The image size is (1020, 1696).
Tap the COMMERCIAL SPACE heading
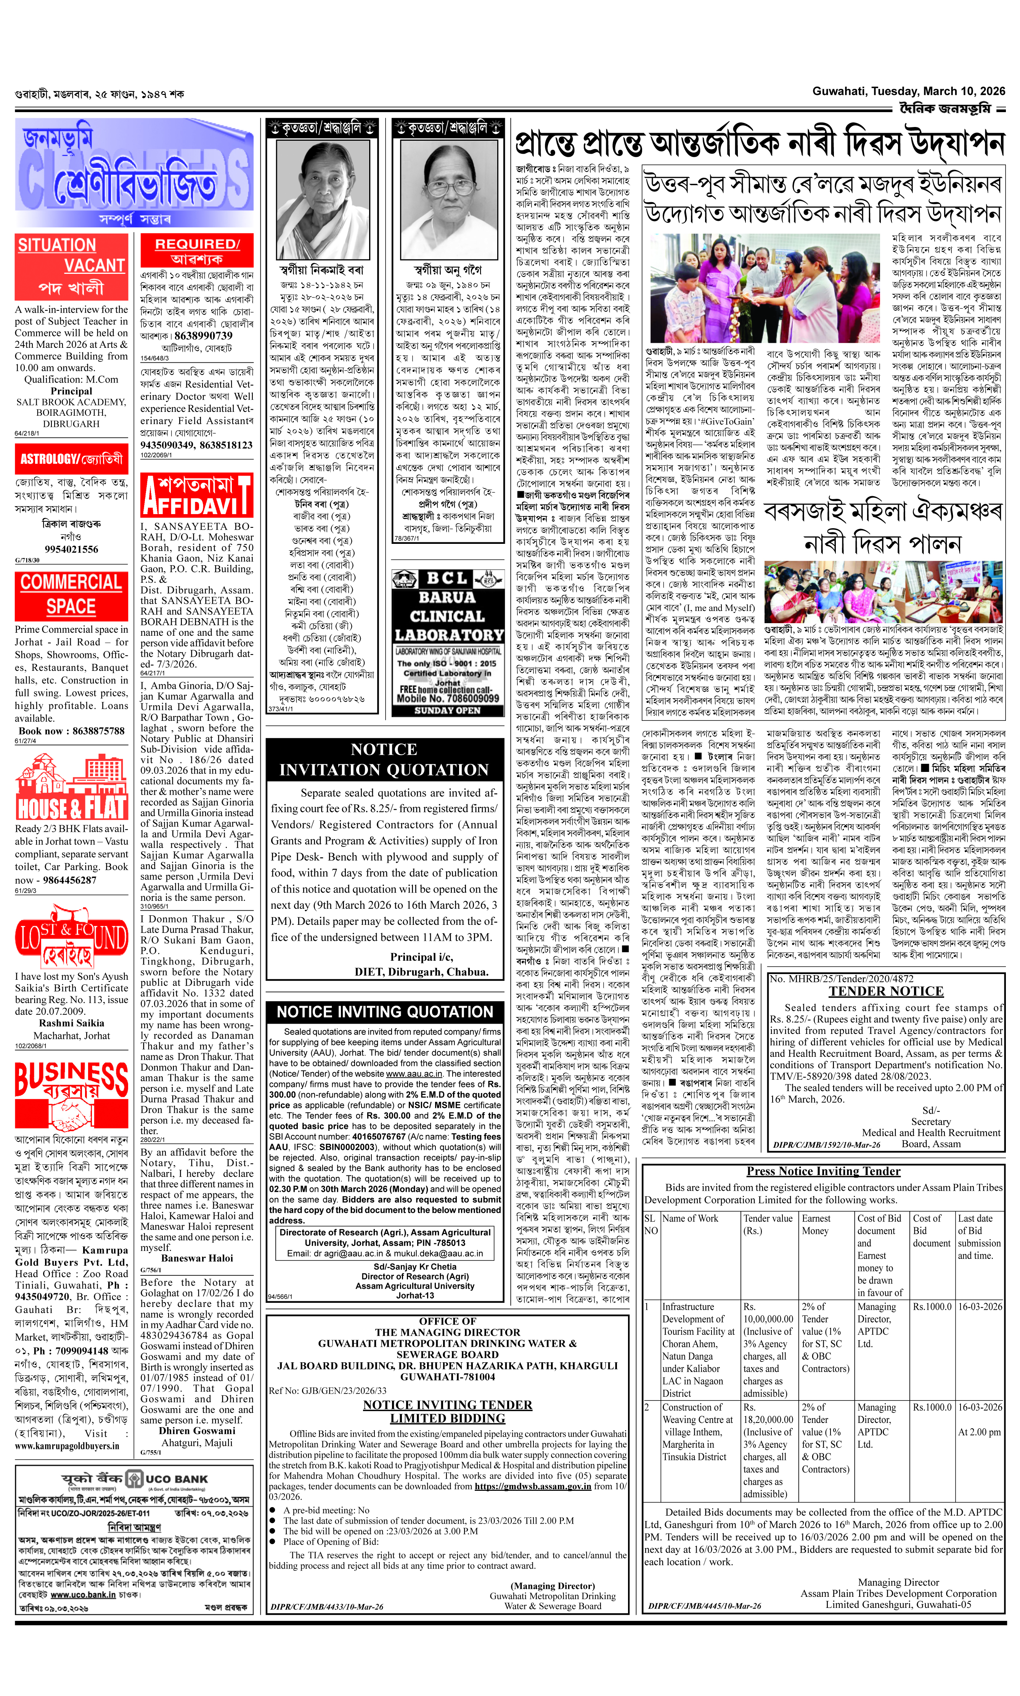[x=71, y=594]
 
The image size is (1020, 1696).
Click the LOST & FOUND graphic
[x=71, y=942]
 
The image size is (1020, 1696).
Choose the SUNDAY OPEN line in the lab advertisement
[x=447, y=710]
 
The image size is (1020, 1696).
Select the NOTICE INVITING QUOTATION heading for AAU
[x=385, y=1011]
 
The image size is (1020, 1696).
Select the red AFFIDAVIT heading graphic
[x=197, y=495]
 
